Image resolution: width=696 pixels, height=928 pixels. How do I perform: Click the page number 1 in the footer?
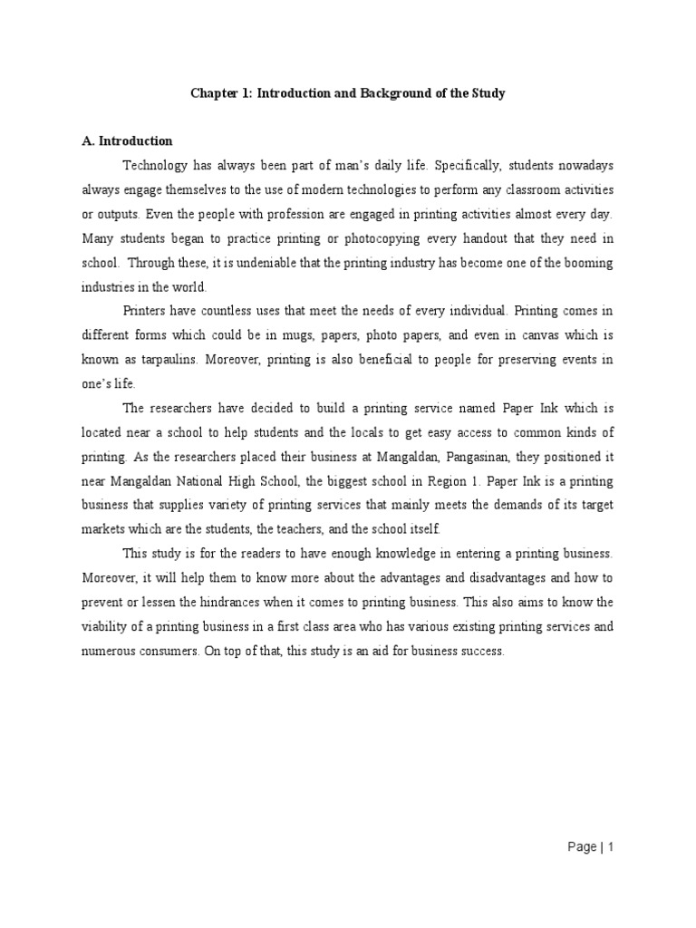click(x=612, y=847)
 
